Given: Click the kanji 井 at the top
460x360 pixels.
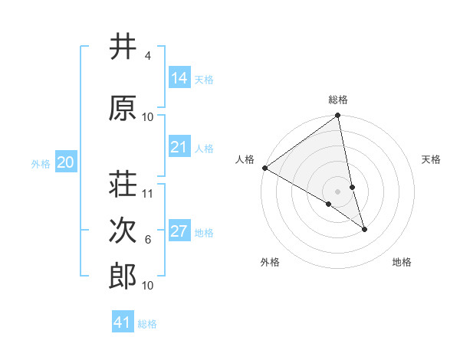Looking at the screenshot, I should click(x=123, y=47).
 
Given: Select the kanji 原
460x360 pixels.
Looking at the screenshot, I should click(x=123, y=108).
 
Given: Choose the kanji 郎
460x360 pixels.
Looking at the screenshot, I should click(x=123, y=277).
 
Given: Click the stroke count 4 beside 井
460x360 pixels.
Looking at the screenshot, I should click(x=147, y=56).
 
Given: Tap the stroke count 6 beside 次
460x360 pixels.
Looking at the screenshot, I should click(x=147, y=240).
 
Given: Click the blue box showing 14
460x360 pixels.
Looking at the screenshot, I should click(x=179, y=78).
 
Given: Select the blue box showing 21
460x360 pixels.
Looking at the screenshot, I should click(x=179, y=147).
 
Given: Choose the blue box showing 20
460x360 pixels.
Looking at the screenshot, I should click(x=66, y=162).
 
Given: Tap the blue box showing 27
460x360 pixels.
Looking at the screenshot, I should click(x=179, y=231).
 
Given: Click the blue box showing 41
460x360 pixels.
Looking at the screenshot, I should click(x=123, y=322).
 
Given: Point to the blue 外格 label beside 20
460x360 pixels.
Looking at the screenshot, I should click(x=41, y=163).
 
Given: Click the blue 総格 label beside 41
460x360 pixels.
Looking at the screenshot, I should click(x=147, y=324).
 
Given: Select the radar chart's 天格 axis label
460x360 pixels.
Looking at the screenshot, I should click(x=431, y=159).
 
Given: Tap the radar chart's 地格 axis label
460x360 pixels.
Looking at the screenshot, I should click(x=402, y=262).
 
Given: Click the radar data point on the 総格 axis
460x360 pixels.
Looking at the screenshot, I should click(x=337, y=116).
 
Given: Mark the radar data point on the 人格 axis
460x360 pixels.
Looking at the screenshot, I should click(x=264, y=168).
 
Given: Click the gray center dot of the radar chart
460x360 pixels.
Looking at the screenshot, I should click(x=337, y=191).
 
